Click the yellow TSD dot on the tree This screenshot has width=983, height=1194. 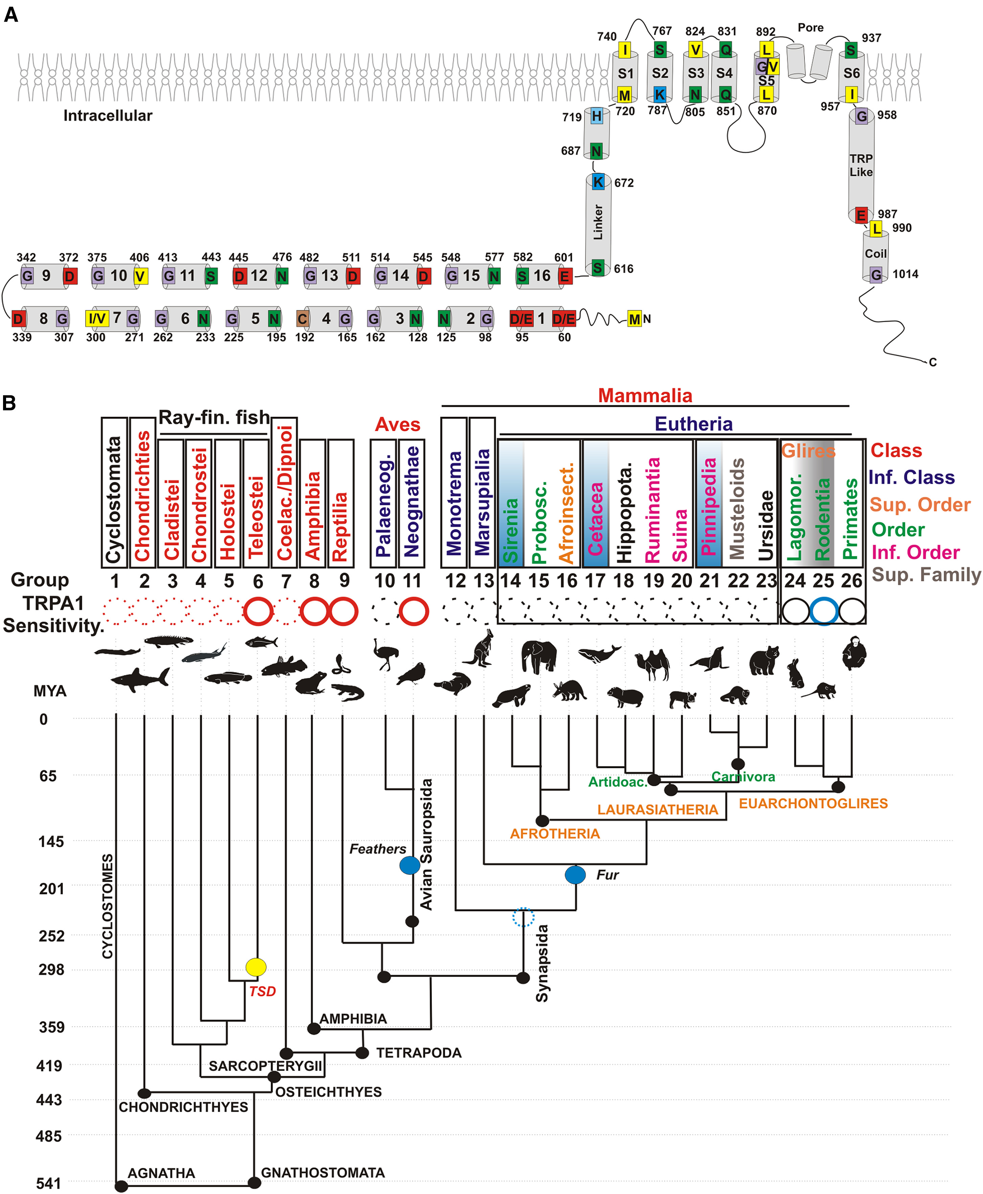(256, 967)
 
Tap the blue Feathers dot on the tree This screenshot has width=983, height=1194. (409, 865)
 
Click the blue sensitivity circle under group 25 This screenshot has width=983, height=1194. (823, 612)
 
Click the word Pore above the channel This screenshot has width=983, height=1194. (810, 28)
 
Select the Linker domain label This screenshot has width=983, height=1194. (598, 222)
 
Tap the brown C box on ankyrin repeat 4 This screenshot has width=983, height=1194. (302, 319)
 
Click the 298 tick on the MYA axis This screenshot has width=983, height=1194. (51, 969)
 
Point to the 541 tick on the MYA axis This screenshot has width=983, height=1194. (49, 1183)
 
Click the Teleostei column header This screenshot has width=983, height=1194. (256, 516)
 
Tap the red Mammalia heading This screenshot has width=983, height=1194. (645, 395)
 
